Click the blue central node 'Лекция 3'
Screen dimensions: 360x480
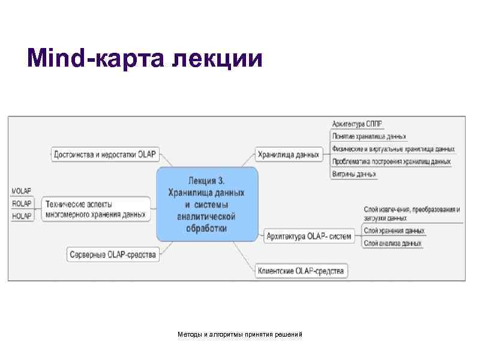(207, 204)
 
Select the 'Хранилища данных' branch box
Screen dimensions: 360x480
(288, 155)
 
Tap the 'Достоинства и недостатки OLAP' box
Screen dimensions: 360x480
(104, 154)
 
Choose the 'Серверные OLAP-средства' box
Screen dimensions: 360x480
(112, 254)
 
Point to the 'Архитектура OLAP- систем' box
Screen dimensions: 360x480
(309, 236)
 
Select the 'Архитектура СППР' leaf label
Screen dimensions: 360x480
(357, 124)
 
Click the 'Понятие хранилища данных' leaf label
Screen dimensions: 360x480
(369, 137)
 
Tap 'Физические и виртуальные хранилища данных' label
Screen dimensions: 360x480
(393, 149)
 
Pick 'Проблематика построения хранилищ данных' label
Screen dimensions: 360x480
(391, 161)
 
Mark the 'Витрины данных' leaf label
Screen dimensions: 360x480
(354, 174)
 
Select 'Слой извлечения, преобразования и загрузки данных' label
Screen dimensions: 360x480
(412, 214)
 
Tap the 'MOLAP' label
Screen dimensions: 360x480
(22, 191)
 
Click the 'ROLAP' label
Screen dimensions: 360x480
(22, 203)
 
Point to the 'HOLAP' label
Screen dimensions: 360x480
(22, 216)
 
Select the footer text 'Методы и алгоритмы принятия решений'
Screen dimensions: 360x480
(240, 333)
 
